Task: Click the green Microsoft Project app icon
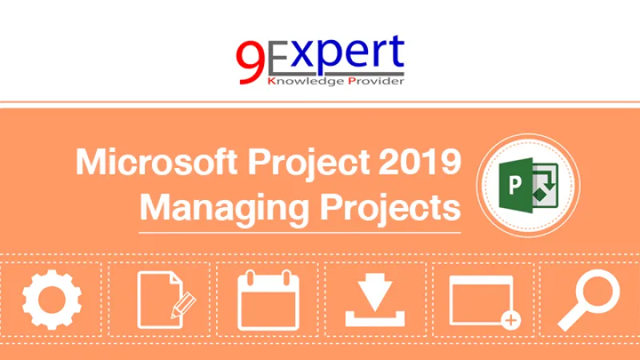coord(528,186)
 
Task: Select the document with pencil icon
coord(164,301)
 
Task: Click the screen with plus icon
coord(482,301)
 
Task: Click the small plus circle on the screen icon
coord(510,321)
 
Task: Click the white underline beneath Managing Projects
coord(300,232)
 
